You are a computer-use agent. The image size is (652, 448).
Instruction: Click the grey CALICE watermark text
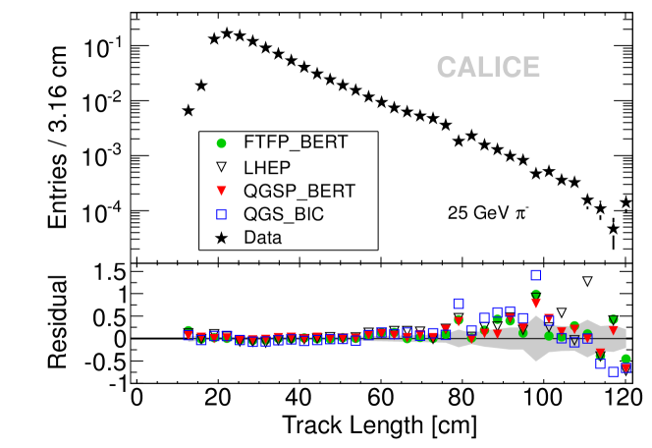tap(488, 68)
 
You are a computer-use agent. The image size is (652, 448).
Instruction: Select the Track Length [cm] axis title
tap(380, 426)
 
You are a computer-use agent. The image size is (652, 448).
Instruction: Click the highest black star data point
tap(227, 33)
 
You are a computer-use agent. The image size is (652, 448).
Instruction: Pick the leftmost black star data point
tap(189, 111)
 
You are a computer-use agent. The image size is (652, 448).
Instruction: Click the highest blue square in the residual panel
tap(536, 276)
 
